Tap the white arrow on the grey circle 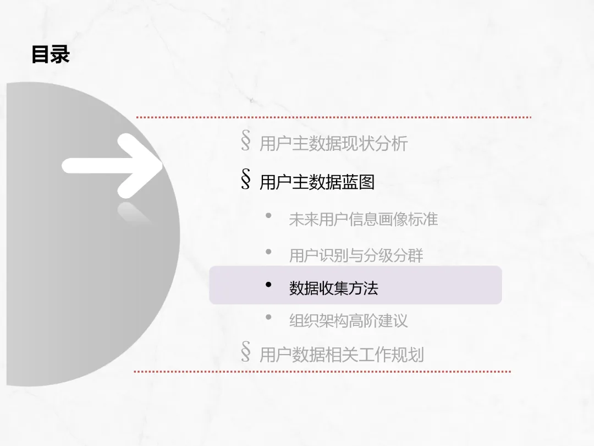113,165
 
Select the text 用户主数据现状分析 333,144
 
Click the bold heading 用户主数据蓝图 317,182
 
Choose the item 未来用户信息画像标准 363,219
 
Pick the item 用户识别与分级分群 356,255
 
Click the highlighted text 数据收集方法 333,287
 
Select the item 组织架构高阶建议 348,320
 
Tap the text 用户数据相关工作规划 341,354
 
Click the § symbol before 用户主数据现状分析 246,142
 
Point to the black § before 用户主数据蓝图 246,180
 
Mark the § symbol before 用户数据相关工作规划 246,352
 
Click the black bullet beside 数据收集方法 268,285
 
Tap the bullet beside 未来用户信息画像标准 268,216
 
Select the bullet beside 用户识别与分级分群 268,252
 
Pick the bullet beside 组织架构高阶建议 268,317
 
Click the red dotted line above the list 333,117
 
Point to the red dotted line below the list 322,372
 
